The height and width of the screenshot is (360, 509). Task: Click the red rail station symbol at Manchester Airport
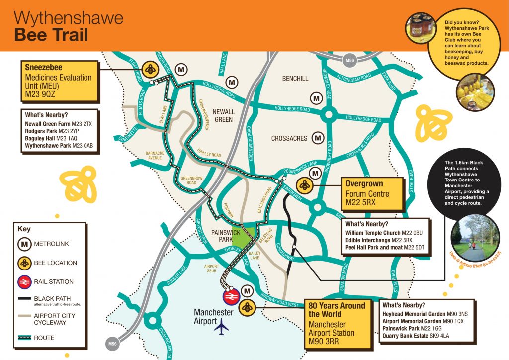click(x=230, y=297)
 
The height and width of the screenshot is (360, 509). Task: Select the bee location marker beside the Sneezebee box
click(x=150, y=70)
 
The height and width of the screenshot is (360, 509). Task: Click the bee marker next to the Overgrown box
click(x=304, y=186)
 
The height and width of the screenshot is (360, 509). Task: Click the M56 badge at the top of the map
click(x=350, y=61)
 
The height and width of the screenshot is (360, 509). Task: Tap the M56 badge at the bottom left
click(x=112, y=343)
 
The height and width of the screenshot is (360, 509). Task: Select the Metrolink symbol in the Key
click(x=24, y=244)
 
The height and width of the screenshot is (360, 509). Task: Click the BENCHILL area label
click(x=295, y=78)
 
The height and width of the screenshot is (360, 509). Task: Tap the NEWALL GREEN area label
click(x=224, y=116)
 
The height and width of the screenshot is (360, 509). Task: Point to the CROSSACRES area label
click(x=289, y=138)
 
